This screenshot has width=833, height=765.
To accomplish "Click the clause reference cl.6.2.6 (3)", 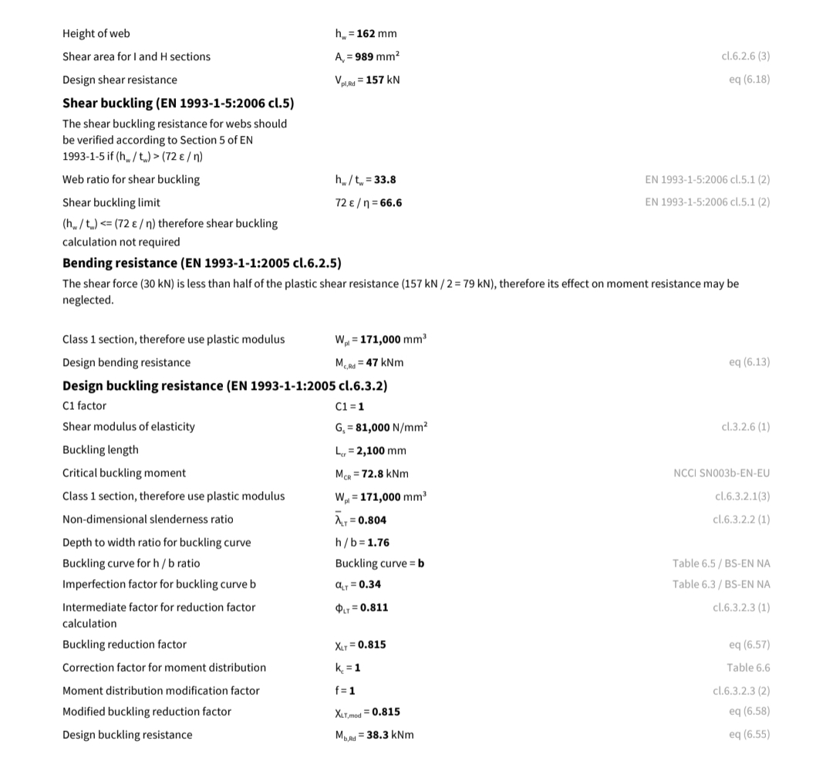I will point(745,56).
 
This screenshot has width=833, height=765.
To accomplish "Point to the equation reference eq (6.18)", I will point(749,80).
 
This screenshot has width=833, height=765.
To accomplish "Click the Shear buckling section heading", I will point(178,103).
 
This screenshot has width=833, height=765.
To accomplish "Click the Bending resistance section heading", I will point(202,263).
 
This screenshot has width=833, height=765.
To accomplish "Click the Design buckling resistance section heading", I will point(224,385).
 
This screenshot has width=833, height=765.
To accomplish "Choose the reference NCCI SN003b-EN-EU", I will point(721,473).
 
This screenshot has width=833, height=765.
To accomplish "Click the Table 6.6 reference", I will point(748,668).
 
